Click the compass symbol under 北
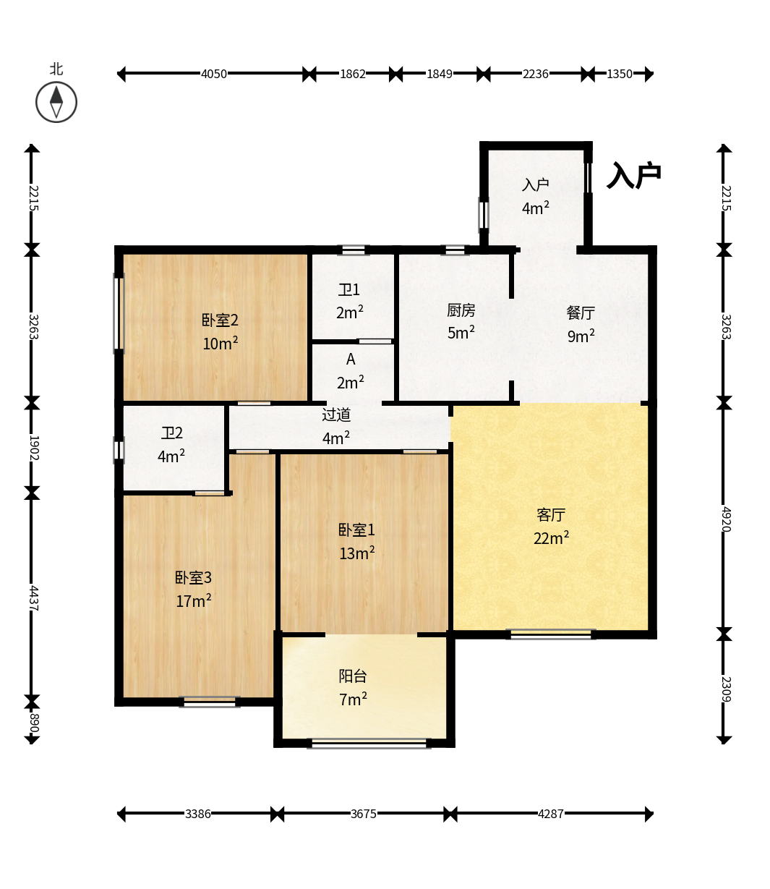pos(56,103)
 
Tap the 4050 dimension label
pos(214,74)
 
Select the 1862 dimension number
pos(353,74)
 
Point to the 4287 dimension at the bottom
pos(551,814)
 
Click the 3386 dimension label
pos(198,814)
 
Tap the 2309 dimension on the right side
pos(726,689)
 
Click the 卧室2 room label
pos(220,320)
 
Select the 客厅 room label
pos(551,515)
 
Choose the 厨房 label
pos(461,310)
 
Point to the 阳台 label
pos(353,676)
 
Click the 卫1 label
pos(348,290)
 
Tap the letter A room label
pos(351,359)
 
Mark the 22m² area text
pos(551,537)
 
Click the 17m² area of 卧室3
pos(194,600)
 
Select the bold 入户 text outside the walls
pos(633,175)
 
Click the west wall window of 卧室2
pos(119,313)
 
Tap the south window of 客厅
pos(551,634)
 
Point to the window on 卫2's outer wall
pos(119,451)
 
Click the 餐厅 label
pos(581,312)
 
